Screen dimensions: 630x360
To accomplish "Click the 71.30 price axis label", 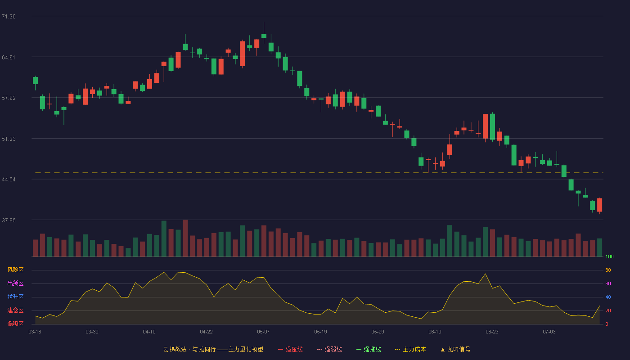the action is [9, 17].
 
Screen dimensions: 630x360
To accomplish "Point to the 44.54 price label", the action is [9, 180].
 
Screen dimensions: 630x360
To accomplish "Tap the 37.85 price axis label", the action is [9, 220].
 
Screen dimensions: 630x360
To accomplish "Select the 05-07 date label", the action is [263, 332].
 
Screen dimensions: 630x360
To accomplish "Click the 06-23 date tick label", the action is [492, 332].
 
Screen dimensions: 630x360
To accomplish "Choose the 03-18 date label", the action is [35, 332].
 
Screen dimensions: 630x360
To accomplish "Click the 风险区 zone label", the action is [15, 270].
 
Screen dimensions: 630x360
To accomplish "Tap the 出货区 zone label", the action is [15, 283].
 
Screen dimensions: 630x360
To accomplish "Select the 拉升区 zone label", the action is [15, 297].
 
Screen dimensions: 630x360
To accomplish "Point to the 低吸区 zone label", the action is [15, 324].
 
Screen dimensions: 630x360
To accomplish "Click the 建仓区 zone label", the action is [15, 310].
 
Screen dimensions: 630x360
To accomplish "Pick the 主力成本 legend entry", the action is [410, 349].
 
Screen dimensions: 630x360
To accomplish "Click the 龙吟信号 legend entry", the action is [455, 349].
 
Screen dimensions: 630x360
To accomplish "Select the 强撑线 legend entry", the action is [369, 349].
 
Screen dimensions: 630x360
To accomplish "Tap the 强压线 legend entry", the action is [290, 349].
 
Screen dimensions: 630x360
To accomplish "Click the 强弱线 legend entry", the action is [329, 349].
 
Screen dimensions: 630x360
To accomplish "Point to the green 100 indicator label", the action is [609, 256].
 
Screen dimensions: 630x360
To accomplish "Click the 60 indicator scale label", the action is [608, 283].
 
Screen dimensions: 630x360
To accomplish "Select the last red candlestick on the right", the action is [599, 205].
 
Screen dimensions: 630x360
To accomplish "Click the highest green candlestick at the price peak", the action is [264, 36].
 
